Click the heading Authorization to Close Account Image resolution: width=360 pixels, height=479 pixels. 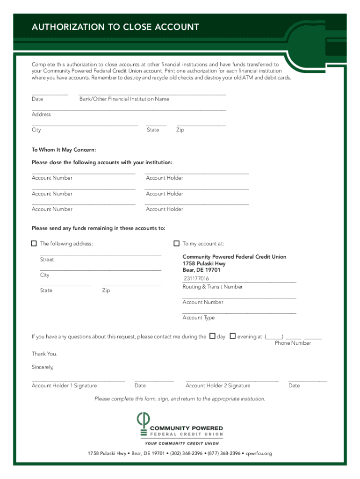point(115,27)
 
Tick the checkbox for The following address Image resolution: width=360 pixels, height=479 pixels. point(34,243)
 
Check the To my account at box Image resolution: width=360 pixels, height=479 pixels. point(176,243)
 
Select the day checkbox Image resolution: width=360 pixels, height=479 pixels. point(212,336)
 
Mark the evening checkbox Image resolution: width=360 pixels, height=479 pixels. point(232,336)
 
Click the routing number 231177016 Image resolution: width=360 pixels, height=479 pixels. point(196,279)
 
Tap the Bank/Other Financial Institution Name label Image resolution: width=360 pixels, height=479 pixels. point(124,99)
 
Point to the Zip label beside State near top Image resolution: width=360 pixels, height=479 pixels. point(180,130)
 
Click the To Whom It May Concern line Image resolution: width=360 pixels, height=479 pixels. point(64,150)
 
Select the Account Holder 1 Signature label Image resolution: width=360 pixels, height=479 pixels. point(64,386)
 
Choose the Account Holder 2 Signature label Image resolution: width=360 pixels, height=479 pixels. point(218,386)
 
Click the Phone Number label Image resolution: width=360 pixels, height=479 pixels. point(293,343)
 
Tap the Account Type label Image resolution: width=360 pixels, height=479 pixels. point(198,318)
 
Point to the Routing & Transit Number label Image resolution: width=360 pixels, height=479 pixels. point(212,287)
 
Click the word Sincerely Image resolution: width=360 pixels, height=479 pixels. point(43,367)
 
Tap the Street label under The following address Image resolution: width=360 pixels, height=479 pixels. point(47,260)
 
